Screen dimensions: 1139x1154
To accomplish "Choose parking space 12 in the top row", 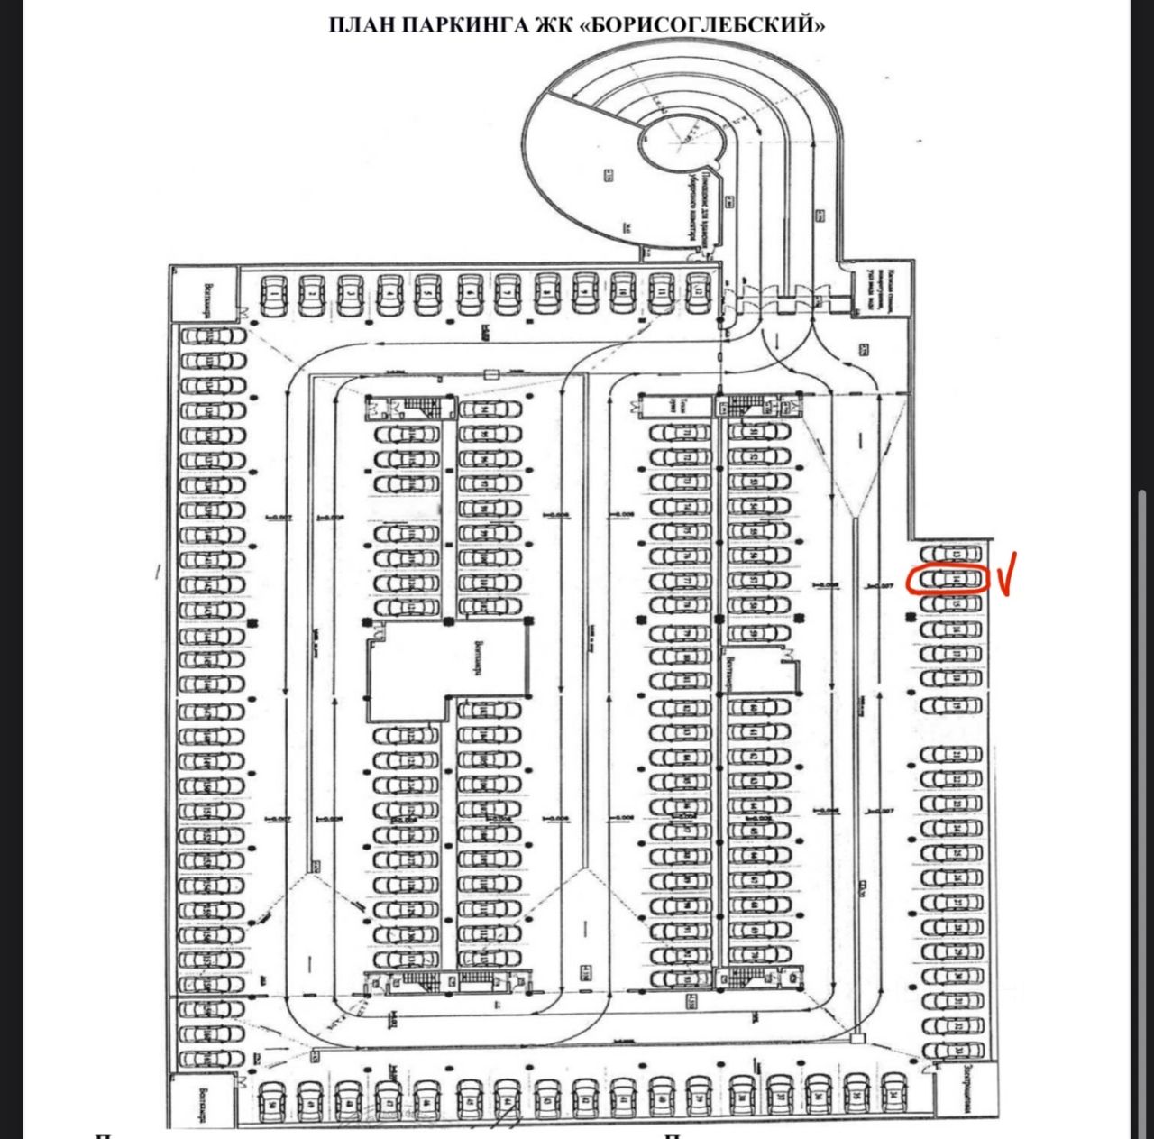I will [x=700, y=294].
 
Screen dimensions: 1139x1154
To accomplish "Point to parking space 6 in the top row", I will [x=468, y=294].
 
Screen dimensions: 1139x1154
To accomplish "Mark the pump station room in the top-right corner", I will [x=872, y=291].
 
